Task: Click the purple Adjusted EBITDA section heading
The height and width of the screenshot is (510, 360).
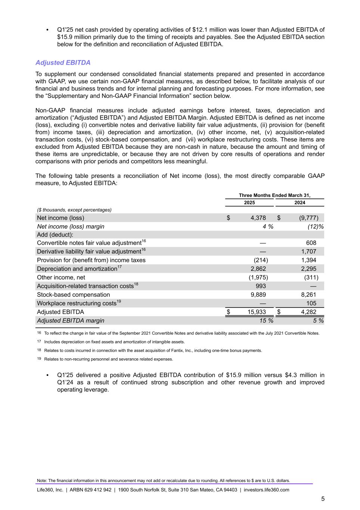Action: click(63, 62)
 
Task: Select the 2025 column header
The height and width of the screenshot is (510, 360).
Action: click(249, 203)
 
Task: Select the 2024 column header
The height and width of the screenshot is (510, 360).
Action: click(300, 203)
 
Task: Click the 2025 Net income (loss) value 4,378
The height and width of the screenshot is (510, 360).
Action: click(258, 218)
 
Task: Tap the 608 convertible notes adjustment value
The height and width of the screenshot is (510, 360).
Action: click(311, 243)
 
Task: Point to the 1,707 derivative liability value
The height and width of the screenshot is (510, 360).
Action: click(308, 251)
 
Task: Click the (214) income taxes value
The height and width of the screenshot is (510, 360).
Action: click(261, 260)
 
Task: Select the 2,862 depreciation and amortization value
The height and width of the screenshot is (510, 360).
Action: click(258, 269)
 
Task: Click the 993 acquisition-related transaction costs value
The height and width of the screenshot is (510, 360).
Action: click(261, 286)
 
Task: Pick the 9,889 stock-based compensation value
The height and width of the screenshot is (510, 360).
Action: click(258, 294)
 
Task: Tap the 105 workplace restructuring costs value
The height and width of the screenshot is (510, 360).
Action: click(311, 303)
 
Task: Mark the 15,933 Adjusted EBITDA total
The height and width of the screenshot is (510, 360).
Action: click(257, 312)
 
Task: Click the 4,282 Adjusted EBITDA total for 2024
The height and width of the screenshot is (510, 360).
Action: click(308, 312)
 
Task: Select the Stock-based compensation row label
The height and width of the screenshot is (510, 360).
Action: click(73, 294)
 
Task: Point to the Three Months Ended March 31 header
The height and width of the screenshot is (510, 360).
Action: click(274, 195)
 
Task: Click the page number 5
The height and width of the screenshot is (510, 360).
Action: click(323, 499)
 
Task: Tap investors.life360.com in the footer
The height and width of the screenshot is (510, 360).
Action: click(266, 490)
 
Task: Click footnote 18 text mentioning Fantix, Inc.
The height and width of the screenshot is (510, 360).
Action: click(153, 350)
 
